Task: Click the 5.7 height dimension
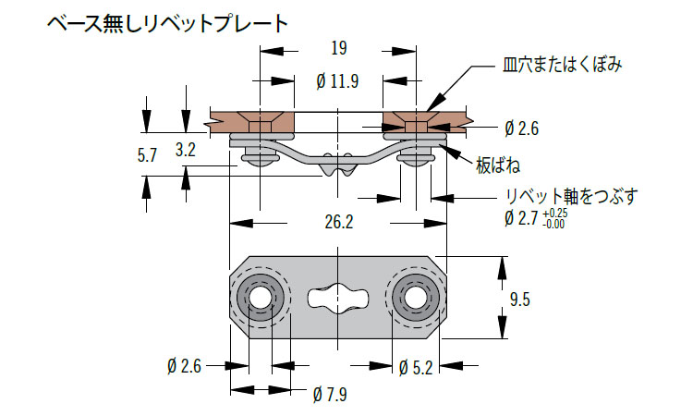(x=147, y=154)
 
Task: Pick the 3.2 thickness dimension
(x=185, y=151)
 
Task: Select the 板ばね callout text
(x=498, y=165)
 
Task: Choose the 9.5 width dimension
(x=520, y=299)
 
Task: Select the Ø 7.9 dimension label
(x=330, y=396)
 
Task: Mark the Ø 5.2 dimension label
(x=416, y=367)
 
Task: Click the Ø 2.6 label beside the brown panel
(x=524, y=128)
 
